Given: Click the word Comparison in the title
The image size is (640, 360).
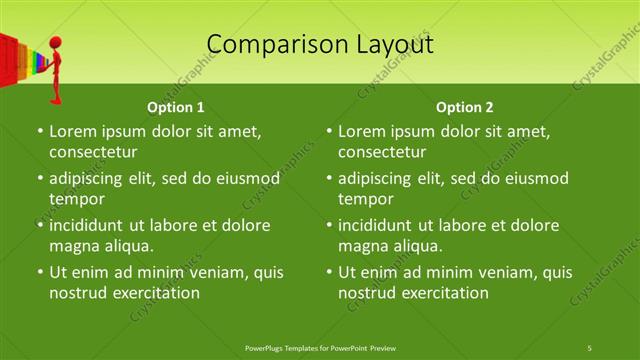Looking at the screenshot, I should pos(269,44).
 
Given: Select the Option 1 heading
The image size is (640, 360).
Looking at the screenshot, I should pos(176,107).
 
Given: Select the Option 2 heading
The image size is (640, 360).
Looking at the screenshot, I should pos(465,107).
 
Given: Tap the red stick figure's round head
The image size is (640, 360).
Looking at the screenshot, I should pos(57,46).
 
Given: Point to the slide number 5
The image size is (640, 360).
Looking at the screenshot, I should pos(590,347).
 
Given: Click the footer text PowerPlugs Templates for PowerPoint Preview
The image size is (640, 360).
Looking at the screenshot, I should pos(320,347).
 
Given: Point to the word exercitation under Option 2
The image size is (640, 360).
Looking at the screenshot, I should pos(441,293).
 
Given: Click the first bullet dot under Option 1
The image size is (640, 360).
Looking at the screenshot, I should pos(39,131).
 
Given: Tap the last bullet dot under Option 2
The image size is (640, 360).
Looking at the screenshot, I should pos(329,272).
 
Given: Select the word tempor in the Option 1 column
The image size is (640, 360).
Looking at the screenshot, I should pos(75,199).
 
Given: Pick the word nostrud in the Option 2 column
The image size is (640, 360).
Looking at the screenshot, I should pos(366,293).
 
